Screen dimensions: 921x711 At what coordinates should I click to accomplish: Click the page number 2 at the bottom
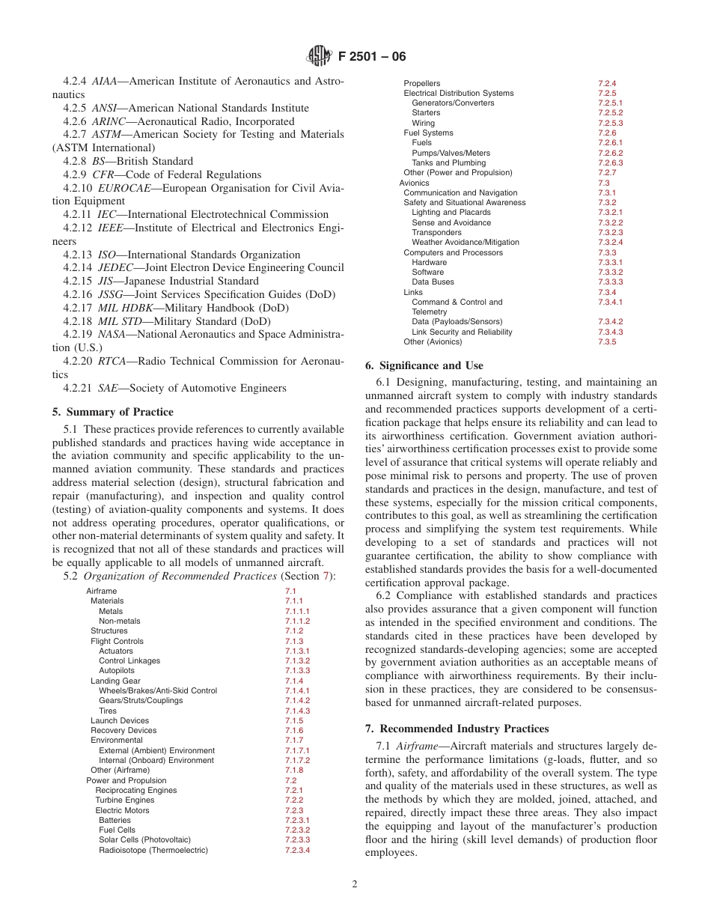355,884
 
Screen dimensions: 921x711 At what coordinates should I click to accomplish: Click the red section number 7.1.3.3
297,671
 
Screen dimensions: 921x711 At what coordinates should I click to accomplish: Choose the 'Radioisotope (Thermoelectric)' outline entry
153,850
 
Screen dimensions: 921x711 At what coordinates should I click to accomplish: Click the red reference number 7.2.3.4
297,850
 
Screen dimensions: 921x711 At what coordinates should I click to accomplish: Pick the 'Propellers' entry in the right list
422,83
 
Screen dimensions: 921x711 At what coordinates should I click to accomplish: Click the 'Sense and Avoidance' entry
451,222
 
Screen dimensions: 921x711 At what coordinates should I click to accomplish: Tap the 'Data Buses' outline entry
433,282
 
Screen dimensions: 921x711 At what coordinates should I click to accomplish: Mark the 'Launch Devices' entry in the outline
120,720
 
